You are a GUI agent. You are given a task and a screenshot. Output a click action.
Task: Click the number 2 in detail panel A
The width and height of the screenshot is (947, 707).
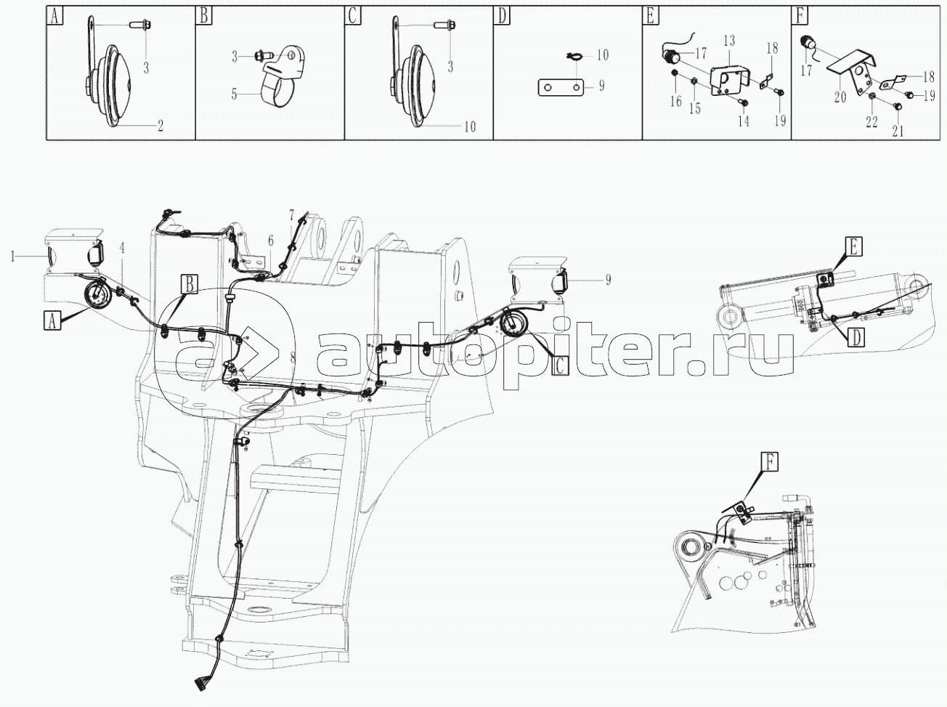pyautogui.click(x=160, y=126)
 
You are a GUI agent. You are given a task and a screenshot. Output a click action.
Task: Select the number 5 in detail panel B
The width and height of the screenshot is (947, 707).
pyautogui.click(x=235, y=93)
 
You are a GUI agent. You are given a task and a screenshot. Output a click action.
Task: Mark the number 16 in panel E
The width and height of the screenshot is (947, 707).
pyautogui.click(x=676, y=101)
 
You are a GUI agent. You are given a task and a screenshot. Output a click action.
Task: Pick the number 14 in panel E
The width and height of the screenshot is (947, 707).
pyautogui.click(x=744, y=121)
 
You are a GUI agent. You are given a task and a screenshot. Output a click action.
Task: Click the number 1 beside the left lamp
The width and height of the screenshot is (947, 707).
pyautogui.click(x=14, y=255)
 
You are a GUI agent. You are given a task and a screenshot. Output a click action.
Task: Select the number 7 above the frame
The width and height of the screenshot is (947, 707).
pyautogui.click(x=291, y=215)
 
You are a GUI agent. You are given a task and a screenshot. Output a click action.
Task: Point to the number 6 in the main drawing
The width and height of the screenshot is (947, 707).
pyautogui.click(x=270, y=240)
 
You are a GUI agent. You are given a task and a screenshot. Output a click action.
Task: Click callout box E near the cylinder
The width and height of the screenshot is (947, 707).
pyautogui.click(x=854, y=246)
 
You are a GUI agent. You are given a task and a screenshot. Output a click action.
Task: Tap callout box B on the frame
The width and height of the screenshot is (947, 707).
pyautogui.click(x=188, y=283)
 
